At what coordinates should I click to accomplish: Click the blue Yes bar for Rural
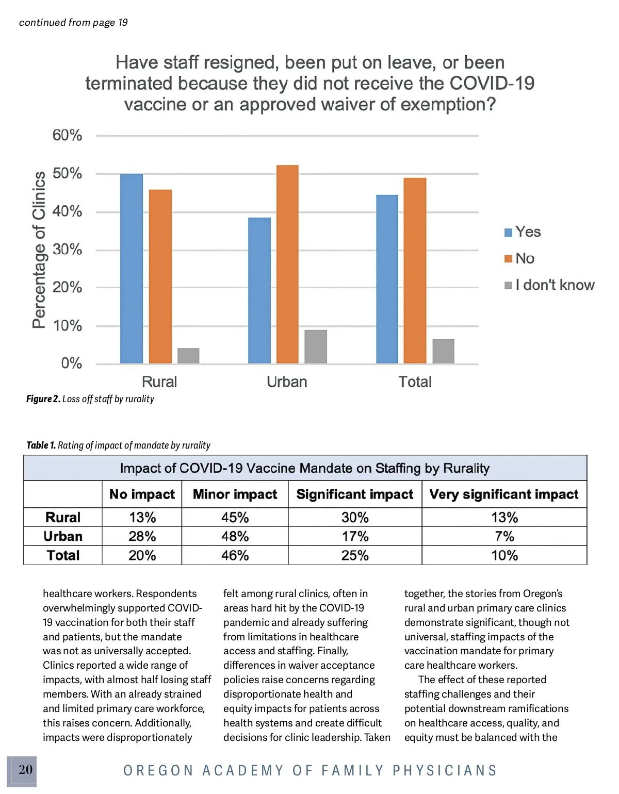pyautogui.click(x=132, y=269)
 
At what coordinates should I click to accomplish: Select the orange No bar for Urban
pyautogui.click(x=287, y=264)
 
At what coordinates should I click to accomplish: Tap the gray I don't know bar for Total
pyautogui.click(x=443, y=351)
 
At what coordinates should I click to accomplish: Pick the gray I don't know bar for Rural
pyautogui.click(x=188, y=356)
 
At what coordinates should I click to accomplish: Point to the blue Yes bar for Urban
pyautogui.click(x=259, y=290)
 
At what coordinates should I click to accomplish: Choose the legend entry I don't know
pyautogui.click(x=550, y=285)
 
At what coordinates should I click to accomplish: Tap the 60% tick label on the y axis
pyautogui.click(x=67, y=135)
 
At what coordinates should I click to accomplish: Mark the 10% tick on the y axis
pyautogui.click(x=67, y=326)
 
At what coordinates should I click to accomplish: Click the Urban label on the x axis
pyautogui.click(x=287, y=382)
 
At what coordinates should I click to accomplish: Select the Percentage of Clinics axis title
pyautogui.click(x=39, y=250)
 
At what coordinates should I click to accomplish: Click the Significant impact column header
pyautogui.click(x=354, y=494)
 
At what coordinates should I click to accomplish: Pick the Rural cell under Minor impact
pyautogui.click(x=235, y=517)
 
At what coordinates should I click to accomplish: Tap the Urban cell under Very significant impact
pyautogui.click(x=504, y=536)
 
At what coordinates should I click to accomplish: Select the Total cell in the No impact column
pyautogui.click(x=142, y=555)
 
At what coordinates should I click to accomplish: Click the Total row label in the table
pyautogui.click(x=63, y=555)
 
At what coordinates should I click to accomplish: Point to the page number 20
pyautogui.click(x=25, y=770)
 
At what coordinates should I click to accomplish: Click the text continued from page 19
pyautogui.click(x=73, y=22)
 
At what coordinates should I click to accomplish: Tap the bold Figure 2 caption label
pyautogui.click(x=43, y=399)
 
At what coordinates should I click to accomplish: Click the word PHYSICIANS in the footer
pyautogui.click(x=445, y=770)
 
